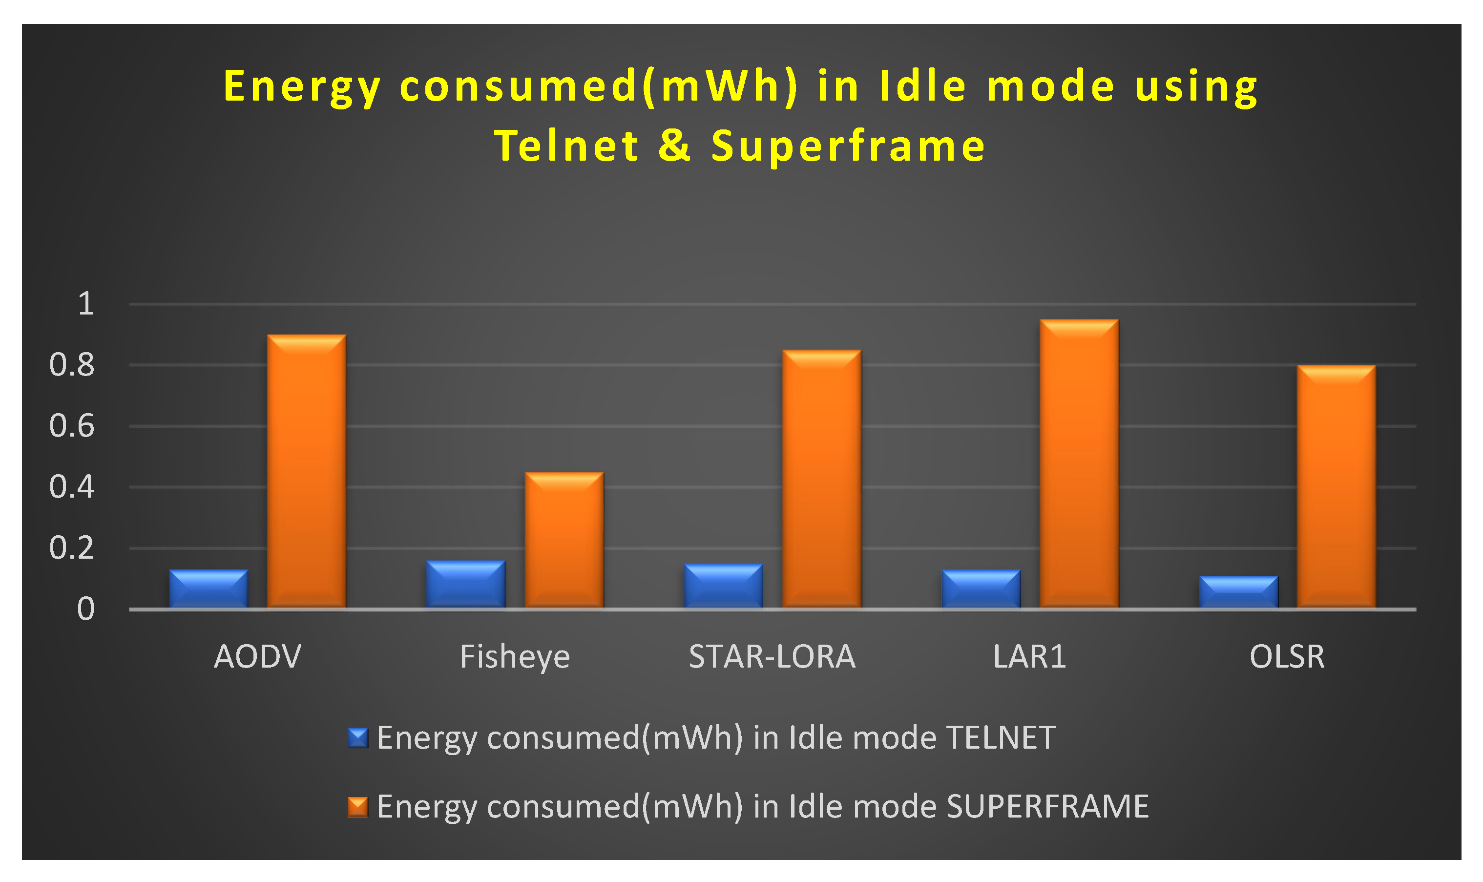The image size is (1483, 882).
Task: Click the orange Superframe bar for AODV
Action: [x=307, y=471]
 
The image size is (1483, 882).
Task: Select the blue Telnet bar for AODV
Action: [x=209, y=588]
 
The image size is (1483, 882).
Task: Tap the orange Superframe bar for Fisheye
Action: [x=564, y=540]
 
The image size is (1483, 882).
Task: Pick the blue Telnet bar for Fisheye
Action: [x=466, y=584]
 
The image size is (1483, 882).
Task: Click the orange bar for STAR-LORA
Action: [x=822, y=479]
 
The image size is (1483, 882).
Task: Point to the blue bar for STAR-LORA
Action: [x=724, y=586]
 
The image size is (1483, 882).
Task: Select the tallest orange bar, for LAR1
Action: [x=1080, y=463]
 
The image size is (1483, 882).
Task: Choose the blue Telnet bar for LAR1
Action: [x=982, y=588]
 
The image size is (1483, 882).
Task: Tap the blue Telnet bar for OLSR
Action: [x=1239, y=592]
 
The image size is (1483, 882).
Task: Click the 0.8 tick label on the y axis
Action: [x=72, y=365]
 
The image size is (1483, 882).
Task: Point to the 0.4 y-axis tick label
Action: [x=72, y=487]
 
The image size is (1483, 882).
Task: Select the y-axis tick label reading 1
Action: [x=86, y=304]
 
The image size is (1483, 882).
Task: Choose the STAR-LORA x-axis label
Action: [x=773, y=657]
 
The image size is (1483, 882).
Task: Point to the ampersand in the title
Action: [x=675, y=146]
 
